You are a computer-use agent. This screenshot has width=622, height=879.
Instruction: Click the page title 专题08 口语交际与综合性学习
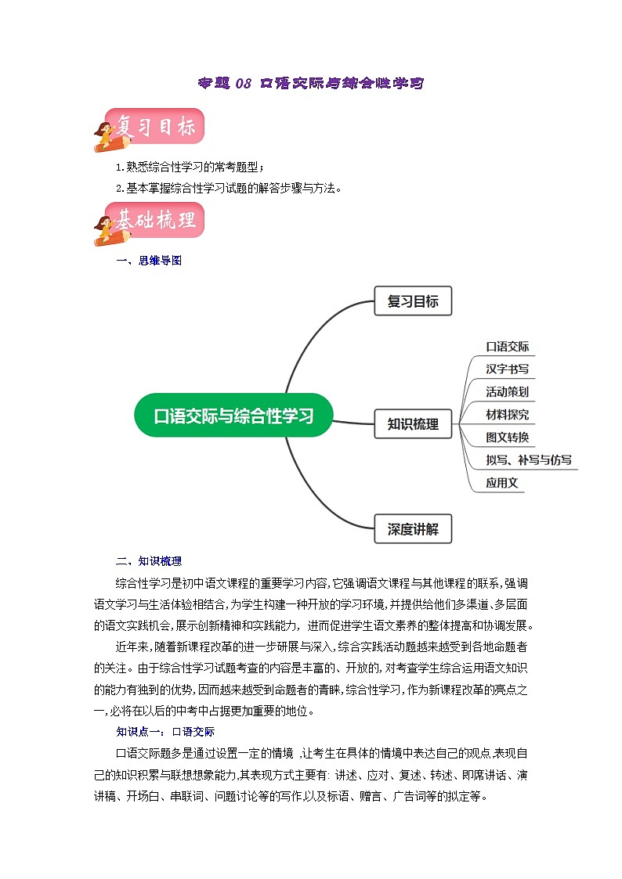tap(310, 82)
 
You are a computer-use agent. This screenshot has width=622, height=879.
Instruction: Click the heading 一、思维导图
tap(149, 261)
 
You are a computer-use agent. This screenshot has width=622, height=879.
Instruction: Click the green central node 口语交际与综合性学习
tap(233, 416)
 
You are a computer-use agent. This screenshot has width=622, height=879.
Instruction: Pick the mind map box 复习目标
tap(413, 301)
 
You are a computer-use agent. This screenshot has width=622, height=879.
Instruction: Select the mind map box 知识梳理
tap(413, 424)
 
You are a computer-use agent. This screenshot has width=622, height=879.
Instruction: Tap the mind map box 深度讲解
tap(413, 529)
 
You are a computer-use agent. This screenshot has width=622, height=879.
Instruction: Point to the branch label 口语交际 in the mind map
tap(508, 347)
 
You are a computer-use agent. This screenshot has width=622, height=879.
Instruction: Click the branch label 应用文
tap(502, 483)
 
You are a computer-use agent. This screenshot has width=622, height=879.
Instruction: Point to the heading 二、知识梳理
tap(149, 560)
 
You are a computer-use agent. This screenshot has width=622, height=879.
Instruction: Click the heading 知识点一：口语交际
tap(165, 731)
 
